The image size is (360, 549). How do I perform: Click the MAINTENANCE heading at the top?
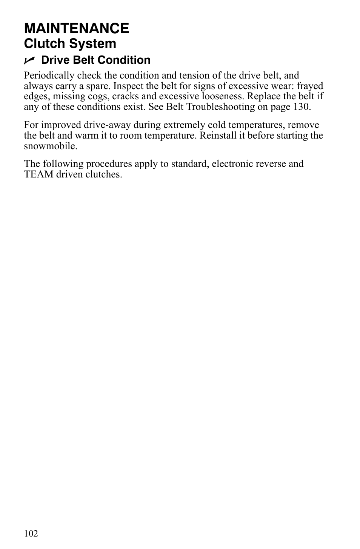(77, 28)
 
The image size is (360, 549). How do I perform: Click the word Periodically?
(49, 76)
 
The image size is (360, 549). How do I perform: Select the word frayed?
(310, 86)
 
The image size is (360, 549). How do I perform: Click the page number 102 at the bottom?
(31, 534)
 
